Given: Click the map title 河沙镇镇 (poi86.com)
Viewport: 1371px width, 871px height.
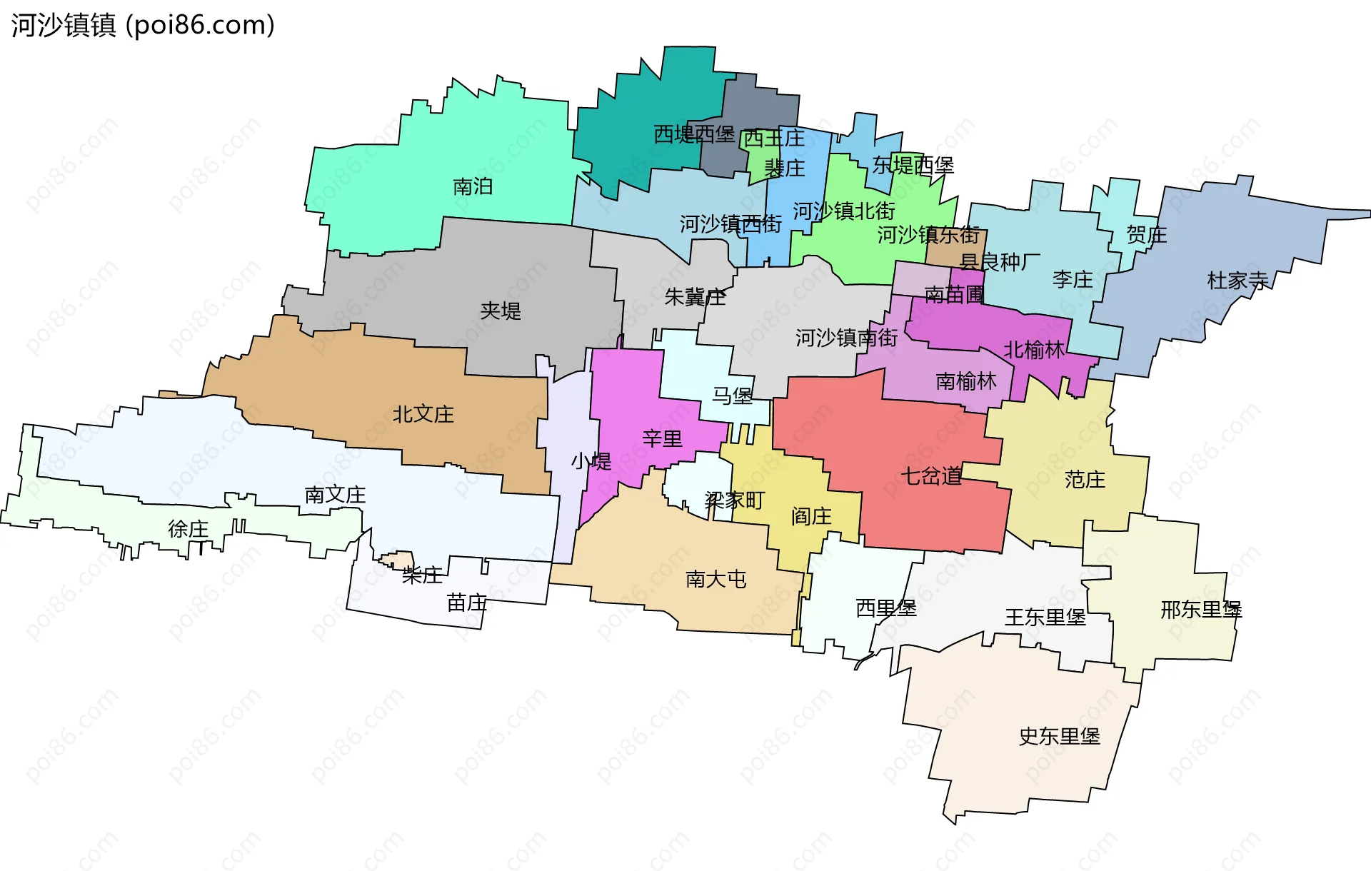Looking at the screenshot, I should click(x=143, y=26).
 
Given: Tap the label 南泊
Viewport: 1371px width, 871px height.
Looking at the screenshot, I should click(x=473, y=187).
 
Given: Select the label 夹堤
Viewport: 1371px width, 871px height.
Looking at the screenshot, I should click(x=501, y=311).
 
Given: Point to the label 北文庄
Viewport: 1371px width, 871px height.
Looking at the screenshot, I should click(x=423, y=414).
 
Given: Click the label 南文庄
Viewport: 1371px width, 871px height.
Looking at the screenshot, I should click(x=335, y=495).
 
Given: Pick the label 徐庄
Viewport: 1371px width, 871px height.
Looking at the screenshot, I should click(x=189, y=529).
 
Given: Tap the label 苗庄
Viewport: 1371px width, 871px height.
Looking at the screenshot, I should click(x=467, y=603).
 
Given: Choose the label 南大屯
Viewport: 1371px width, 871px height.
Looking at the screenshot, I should click(x=716, y=579).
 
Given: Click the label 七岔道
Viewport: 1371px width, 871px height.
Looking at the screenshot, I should click(x=931, y=476).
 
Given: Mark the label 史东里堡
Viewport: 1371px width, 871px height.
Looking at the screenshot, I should click(x=1059, y=737).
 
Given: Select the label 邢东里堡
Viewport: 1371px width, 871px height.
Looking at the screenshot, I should click(x=1201, y=610).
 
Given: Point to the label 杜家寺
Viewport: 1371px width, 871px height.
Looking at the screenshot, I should click(x=1237, y=281).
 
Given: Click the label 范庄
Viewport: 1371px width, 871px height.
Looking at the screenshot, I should click(x=1085, y=480).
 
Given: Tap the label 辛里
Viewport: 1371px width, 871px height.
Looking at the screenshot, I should click(x=663, y=438).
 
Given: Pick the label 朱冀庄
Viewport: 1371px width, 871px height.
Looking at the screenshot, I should click(x=695, y=297).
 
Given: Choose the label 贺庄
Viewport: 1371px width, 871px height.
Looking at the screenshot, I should click(x=1147, y=235).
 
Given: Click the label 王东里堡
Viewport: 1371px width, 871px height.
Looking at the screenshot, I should click(x=1045, y=618).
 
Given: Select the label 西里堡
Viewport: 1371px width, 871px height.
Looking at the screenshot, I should click(x=886, y=608).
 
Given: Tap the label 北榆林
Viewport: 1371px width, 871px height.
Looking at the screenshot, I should click(x=1035, y=350).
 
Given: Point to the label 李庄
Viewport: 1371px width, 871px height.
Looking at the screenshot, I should click(x=1073, y=280).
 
